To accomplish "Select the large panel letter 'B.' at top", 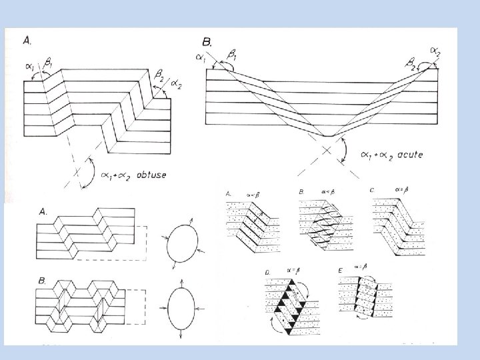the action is click(207, 43).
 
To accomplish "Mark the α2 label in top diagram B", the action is click(435, 51).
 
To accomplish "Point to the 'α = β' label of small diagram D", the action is click(291, 269).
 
